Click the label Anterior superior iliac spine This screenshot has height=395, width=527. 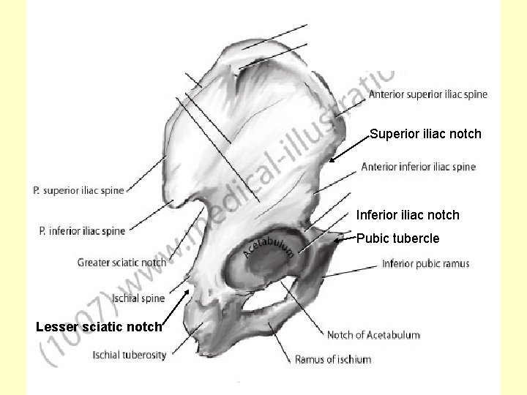[427, 94]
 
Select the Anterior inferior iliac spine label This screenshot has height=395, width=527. [418, 167]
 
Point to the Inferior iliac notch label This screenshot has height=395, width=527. [408, 215]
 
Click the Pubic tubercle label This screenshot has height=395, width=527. [397, 238]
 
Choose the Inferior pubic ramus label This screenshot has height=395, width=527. [425, 263]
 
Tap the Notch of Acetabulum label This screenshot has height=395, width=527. [373, 335]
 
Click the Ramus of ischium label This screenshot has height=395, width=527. [332, 359]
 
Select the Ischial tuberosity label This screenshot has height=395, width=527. [130, 355]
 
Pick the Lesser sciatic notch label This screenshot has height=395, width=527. [99, 326]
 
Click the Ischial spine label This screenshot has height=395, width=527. [138, 298]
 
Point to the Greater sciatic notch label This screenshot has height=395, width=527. [122, 263]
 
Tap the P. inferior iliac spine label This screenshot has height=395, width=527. [82, 231]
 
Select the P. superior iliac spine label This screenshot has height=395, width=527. [78, 191]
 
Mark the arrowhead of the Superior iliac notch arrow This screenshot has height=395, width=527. [331, 162]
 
